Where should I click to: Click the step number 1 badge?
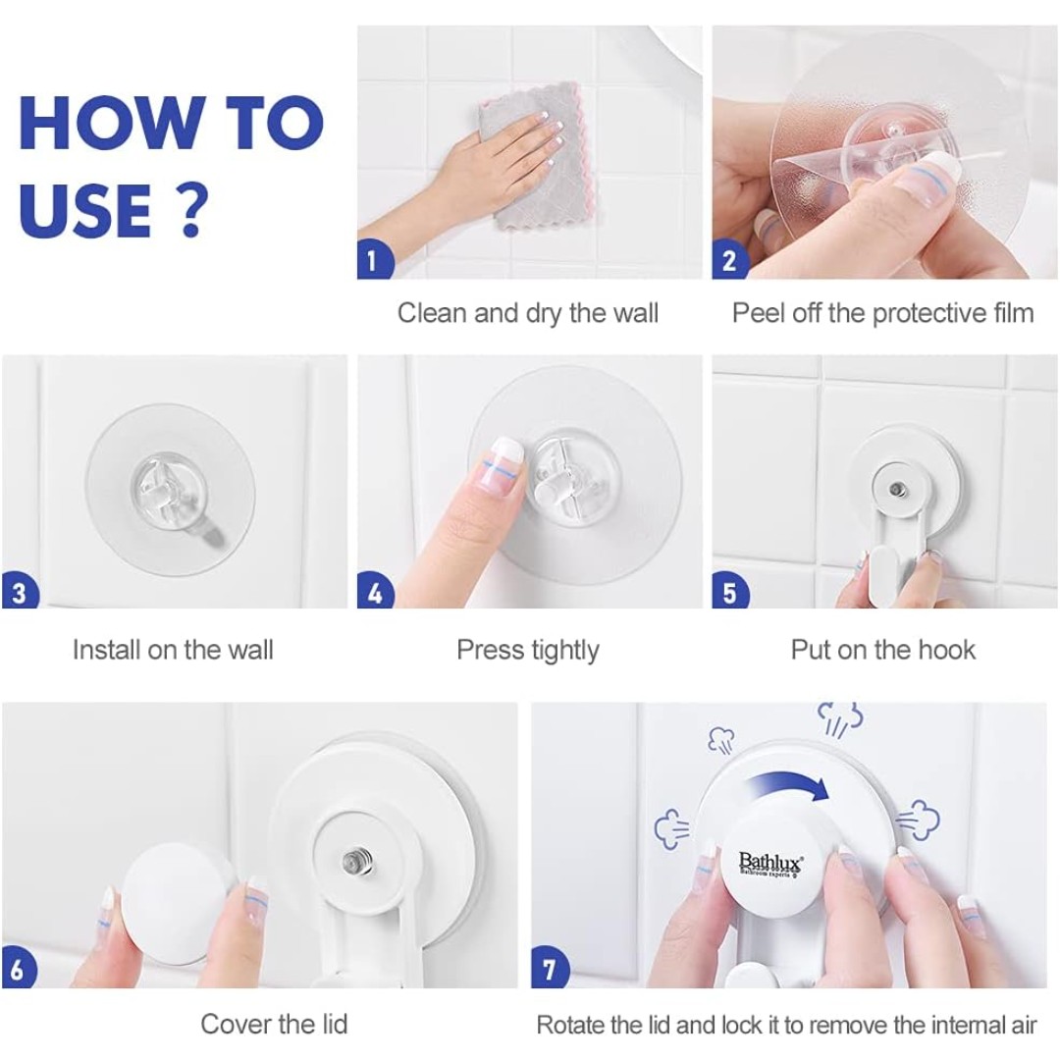tap(373, 262)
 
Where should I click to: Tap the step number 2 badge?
tap(728, 262)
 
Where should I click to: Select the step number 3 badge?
tap(19, 592)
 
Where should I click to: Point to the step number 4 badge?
tap(374, 592)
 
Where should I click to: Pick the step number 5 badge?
tap(728, 592)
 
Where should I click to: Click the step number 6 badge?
tap(19, 970)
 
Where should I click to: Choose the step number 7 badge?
tap(549, 970)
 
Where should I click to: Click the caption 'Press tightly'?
tap(527, 651)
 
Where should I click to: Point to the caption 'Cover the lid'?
tap(274, 1024)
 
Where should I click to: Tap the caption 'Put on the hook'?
tap(883, 650)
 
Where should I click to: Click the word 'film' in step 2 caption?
tap(1013, 313)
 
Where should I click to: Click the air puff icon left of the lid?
tap(672, 826)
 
